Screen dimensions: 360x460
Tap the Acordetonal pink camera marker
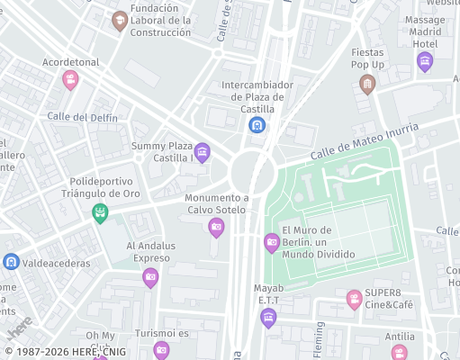(69, 80)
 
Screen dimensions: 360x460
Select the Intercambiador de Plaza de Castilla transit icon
(257, 125)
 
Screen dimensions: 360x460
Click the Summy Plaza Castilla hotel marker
(202, 151)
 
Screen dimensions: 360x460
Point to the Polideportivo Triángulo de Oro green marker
(101, 212)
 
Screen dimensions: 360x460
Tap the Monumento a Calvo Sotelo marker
(216, 227)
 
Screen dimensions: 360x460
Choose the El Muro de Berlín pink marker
(272, 241)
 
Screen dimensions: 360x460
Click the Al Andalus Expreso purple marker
(150, 275)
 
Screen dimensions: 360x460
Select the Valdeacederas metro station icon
(11, 262)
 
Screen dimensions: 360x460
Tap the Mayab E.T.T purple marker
(268, 316)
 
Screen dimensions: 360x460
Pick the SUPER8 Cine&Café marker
(355, 298)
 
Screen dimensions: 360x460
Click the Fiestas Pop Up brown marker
(366, 85)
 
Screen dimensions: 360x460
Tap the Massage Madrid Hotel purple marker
(425, 61)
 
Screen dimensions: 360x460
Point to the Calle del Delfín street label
(82, 117)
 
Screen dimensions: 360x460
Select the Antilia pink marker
(400, 352)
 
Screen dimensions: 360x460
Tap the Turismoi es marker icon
(161, 349)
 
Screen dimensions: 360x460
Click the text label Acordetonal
(70, 62)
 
